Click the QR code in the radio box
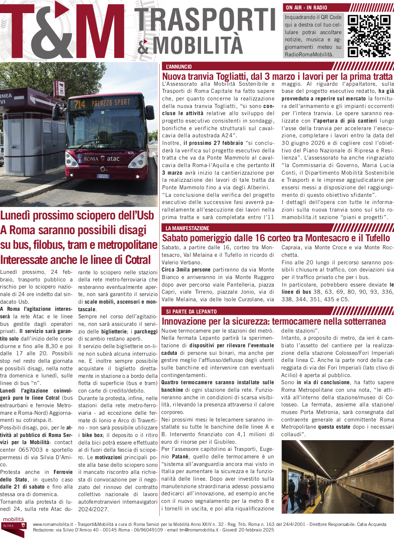[x=369, y=36]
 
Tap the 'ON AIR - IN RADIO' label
[x=307, y=8]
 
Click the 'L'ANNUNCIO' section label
[x=179, y=67]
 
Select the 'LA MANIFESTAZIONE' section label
[x=187, y=228]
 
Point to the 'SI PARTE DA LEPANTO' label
[x=191, y=312]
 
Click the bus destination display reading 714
[x=102, y=104]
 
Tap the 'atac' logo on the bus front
[x=113, y=159]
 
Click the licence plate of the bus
[x=103, y=176]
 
